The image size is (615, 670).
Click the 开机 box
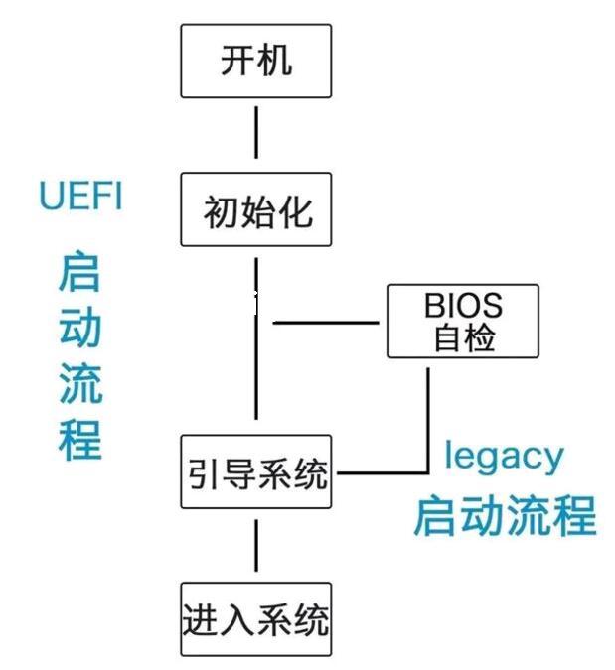(x=255, y=63)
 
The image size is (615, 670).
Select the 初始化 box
(x=255, y=210)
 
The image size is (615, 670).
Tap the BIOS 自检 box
(x=463, y=321)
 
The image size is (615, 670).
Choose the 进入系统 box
(x=255, y=620)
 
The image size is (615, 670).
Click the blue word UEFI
(x=80, y=196)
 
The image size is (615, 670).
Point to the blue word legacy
(x=504, y=456)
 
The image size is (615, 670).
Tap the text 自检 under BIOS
(x=463, y=338)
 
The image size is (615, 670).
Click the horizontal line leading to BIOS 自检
(x=326, y=323)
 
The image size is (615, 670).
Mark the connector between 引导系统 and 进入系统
(x=256, y=546)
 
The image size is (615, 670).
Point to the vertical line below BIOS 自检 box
(x=428, y=417)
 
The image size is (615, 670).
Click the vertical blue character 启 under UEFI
(x=79, y=273)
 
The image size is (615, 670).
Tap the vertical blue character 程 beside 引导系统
(x=79, y=438)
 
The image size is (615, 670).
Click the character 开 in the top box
(x=235, y=63)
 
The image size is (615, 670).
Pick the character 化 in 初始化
(x=295, y=210)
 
